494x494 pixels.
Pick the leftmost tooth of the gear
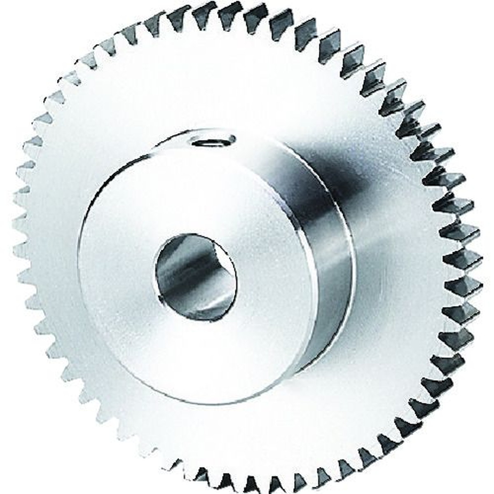(x=16, y=247)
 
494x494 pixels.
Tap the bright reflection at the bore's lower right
(x=214, y=303)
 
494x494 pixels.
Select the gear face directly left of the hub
(x=54, y=247)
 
